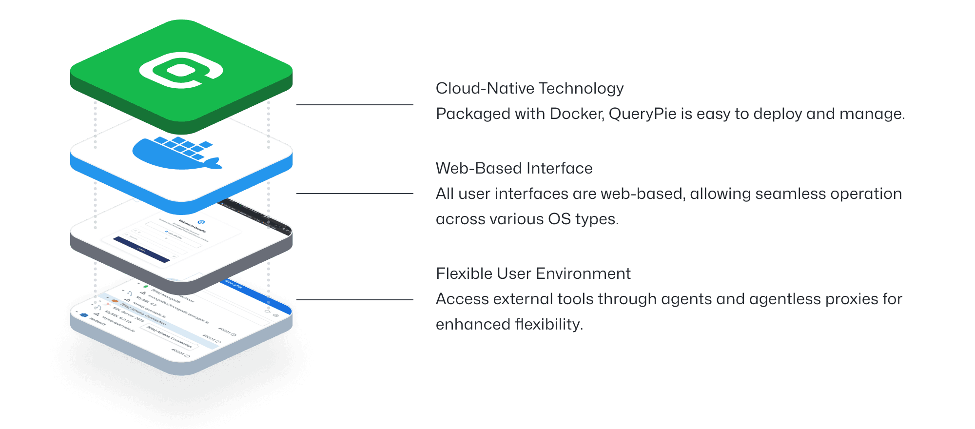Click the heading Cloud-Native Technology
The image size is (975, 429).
click(x=529, y=88)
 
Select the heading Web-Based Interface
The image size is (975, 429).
click(x=514, y=168)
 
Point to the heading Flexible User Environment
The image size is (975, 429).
click(x=533, y=273)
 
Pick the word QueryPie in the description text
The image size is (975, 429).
click(x=643, y=114)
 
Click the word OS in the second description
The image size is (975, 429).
click(x=559, y=219)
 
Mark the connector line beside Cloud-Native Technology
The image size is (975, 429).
click(x=354, y=105)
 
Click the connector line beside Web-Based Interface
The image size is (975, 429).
click(x=354, y=194)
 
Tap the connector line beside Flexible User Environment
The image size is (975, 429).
click(x=354, y=300)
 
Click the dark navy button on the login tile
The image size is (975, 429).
click(x=141, y=250)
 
